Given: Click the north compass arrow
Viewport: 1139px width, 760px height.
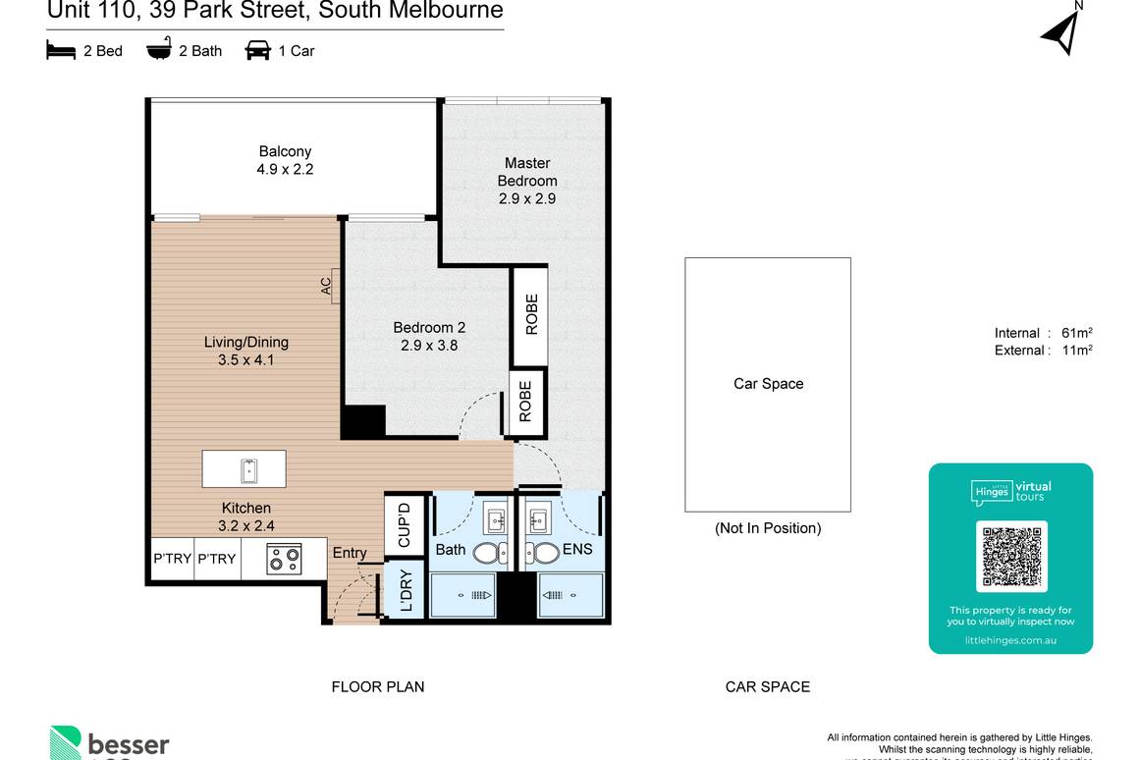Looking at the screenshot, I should click(x=1060, y=31).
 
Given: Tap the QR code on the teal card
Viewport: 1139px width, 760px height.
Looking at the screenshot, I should click(x=1010, y=556).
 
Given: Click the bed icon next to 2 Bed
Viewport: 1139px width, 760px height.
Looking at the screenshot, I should click(x=61, y=50).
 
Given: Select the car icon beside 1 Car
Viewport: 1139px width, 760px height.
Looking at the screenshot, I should click(x=257, y=50).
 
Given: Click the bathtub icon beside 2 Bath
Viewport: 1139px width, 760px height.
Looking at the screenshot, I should click(x=159, y=50).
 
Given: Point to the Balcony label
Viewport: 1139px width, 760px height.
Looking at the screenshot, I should click(x=285, y=151).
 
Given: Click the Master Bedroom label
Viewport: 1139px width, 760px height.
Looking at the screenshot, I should click(x=527, y=172).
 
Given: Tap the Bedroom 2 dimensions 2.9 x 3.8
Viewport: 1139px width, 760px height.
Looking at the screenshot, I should click(x=429, y=346).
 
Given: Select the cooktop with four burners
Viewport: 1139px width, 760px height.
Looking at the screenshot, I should click(x=284, y=560).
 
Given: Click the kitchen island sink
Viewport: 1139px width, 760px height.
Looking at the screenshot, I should click(x=248, y=470).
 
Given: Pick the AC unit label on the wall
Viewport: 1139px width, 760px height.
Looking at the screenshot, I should click(x=326, y=286).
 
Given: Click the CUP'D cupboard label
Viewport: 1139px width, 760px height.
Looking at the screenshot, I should click(x=404, y=524).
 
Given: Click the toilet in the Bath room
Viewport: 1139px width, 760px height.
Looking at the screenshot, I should click(x=488, y=554).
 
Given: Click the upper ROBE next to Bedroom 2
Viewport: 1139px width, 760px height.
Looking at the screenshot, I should click(x=531, y=315).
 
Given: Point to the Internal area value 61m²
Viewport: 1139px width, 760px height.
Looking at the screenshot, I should click(x=1076, y=333).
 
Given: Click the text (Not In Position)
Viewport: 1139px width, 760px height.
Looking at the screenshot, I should click(x=767, y=528).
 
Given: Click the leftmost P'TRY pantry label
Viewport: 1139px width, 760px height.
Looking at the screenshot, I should click(x=172, y=559).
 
